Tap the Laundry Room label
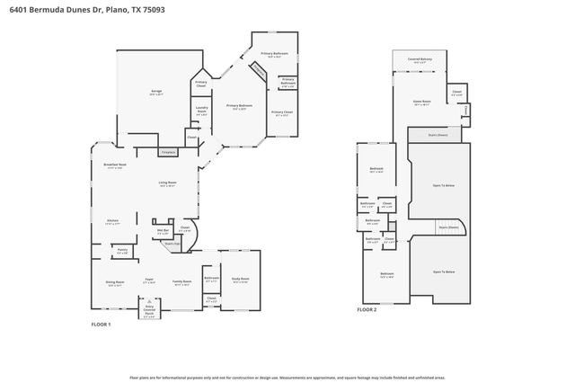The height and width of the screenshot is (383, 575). (x=201, y=111)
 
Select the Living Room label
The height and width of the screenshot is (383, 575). (x=167, y=183)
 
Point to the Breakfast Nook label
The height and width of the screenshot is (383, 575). (x=115, y=165)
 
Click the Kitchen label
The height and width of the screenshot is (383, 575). (x=114, y=221)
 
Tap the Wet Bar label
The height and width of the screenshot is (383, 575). (x=164, y=232)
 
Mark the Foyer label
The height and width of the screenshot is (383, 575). (x=149, y=281)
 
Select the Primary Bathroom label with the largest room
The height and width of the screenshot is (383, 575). (x=274, y=54)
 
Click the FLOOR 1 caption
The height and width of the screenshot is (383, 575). (x=102, y=324)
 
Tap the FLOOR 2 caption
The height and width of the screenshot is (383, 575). (x=367, y=309)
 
